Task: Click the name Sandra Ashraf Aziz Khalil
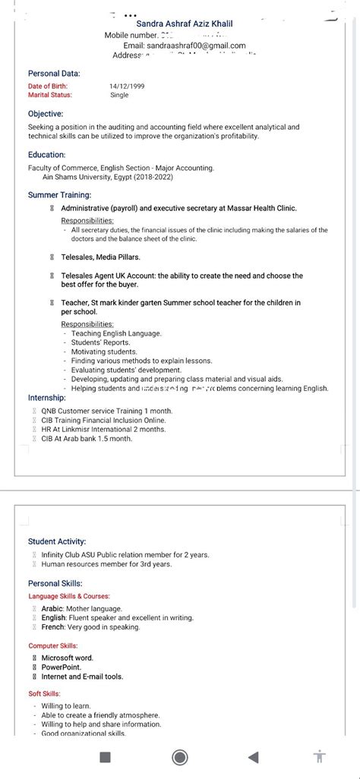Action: pos(185,24)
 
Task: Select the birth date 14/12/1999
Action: pos(126,87)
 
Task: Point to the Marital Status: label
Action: pos(50,96)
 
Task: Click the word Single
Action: pos(119,96)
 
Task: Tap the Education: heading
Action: pos(47,155)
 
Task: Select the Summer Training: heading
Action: pos(59,195)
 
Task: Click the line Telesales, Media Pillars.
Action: pos(100,257)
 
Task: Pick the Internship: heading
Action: pos(47,398)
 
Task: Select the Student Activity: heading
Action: pos(57,541)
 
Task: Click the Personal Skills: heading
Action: pos(55,583)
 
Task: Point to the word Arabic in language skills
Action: pos(52,609)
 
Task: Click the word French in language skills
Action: pos(53,627)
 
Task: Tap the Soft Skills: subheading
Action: pos(45,694)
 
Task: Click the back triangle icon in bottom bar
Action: pos(253,757)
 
